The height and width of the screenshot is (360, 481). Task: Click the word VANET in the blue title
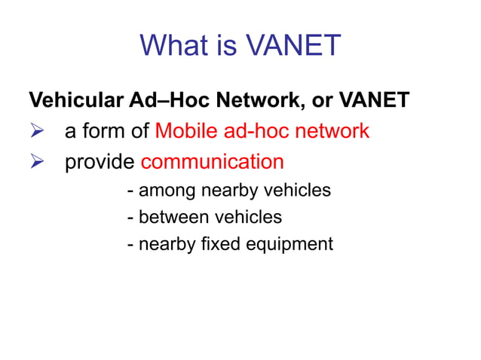click(x=293, y=46)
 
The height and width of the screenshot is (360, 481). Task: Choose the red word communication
click(x=212, y=162)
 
